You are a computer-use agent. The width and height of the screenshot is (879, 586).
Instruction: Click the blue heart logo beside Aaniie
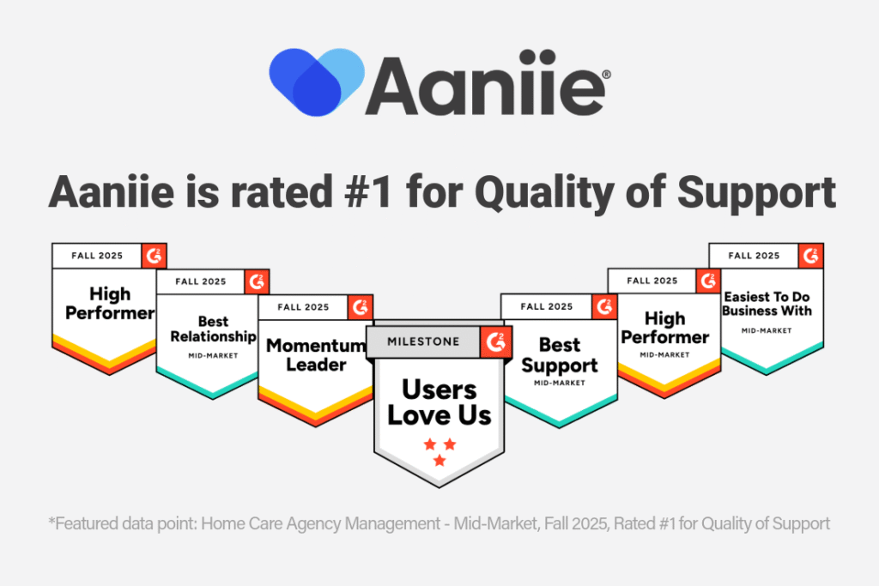pyautogui.click(x=317, y=82)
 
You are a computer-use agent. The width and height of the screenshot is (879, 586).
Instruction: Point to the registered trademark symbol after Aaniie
pyautogui.click(x=606, y=74)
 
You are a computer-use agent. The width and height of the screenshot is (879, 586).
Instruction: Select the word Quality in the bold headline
pyautogui.click(x=543, y=193)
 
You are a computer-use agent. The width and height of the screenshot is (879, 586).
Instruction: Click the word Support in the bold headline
pyautogui.click(x=757, y=193)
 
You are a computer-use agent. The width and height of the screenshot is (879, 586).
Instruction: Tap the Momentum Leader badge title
pyautogui.click(x=316, y=355)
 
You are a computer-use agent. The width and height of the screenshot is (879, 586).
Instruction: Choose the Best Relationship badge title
pyautogui.click(x=213, y=329)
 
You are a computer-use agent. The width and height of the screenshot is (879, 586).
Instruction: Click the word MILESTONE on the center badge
pyautogui.click(x=423, y=341)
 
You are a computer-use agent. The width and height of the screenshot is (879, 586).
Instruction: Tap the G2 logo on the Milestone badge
pyautogui.click(x=495, y=341)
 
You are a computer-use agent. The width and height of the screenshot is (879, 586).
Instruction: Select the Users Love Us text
pyautogui.click(x=439, y=402)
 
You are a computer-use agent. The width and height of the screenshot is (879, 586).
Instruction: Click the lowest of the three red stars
pyautogui.click(x=439, y=461)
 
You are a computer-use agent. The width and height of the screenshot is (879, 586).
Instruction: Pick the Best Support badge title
pyautogui.click(x=560, y=355)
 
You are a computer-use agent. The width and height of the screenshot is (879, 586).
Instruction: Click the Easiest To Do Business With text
pyautogui.click(x=767, y=304)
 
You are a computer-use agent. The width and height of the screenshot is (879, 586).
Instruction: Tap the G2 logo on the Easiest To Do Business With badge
pyautogui.click(x=810, y=256)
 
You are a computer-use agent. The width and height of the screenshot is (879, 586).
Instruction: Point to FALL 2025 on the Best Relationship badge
pyautogui.click(x=201, y=281)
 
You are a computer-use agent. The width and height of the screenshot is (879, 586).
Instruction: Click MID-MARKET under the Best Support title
pyautogui.click(x=560, y=384)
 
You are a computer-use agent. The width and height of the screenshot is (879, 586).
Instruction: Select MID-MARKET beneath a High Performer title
pyautogui.click(x=665, y=354)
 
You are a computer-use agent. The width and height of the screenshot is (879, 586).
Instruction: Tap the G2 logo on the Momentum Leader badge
pyautogui.click(x=360, y=307)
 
